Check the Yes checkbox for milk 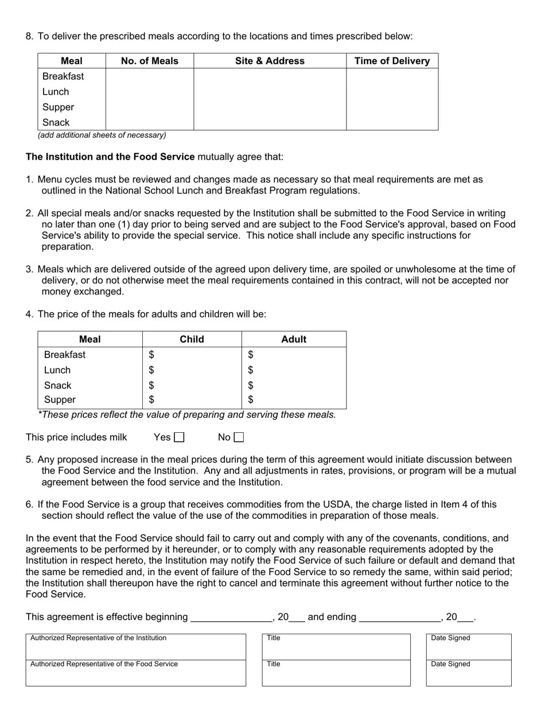(x=179, y=437)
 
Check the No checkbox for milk (x=239, y=437)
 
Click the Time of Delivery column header (x=392, y=61)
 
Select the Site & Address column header (x=270, y=61)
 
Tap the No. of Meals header (x=150, y=61)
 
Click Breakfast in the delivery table (x=63, y=76)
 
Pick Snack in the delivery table (x=56, y=122)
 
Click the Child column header (x=192, y=339)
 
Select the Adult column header (x=294, y=339)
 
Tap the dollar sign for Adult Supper (x=251, y=399)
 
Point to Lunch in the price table (x=57, y=370)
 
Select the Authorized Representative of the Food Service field (x=135, y=676)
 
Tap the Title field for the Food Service (x=336, y=676)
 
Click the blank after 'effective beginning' (x=231, y=618)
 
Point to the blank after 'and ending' (x=399, y=618)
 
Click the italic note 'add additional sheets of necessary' (x=102, y=135)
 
